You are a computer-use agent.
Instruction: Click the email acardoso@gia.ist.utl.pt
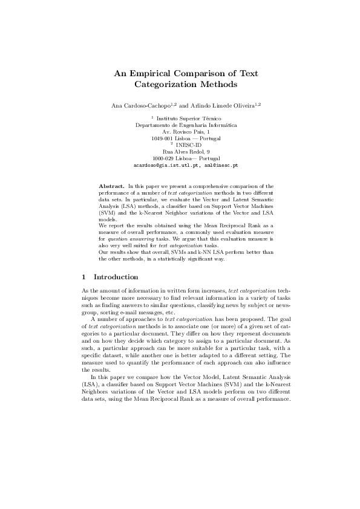click(162, 164)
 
